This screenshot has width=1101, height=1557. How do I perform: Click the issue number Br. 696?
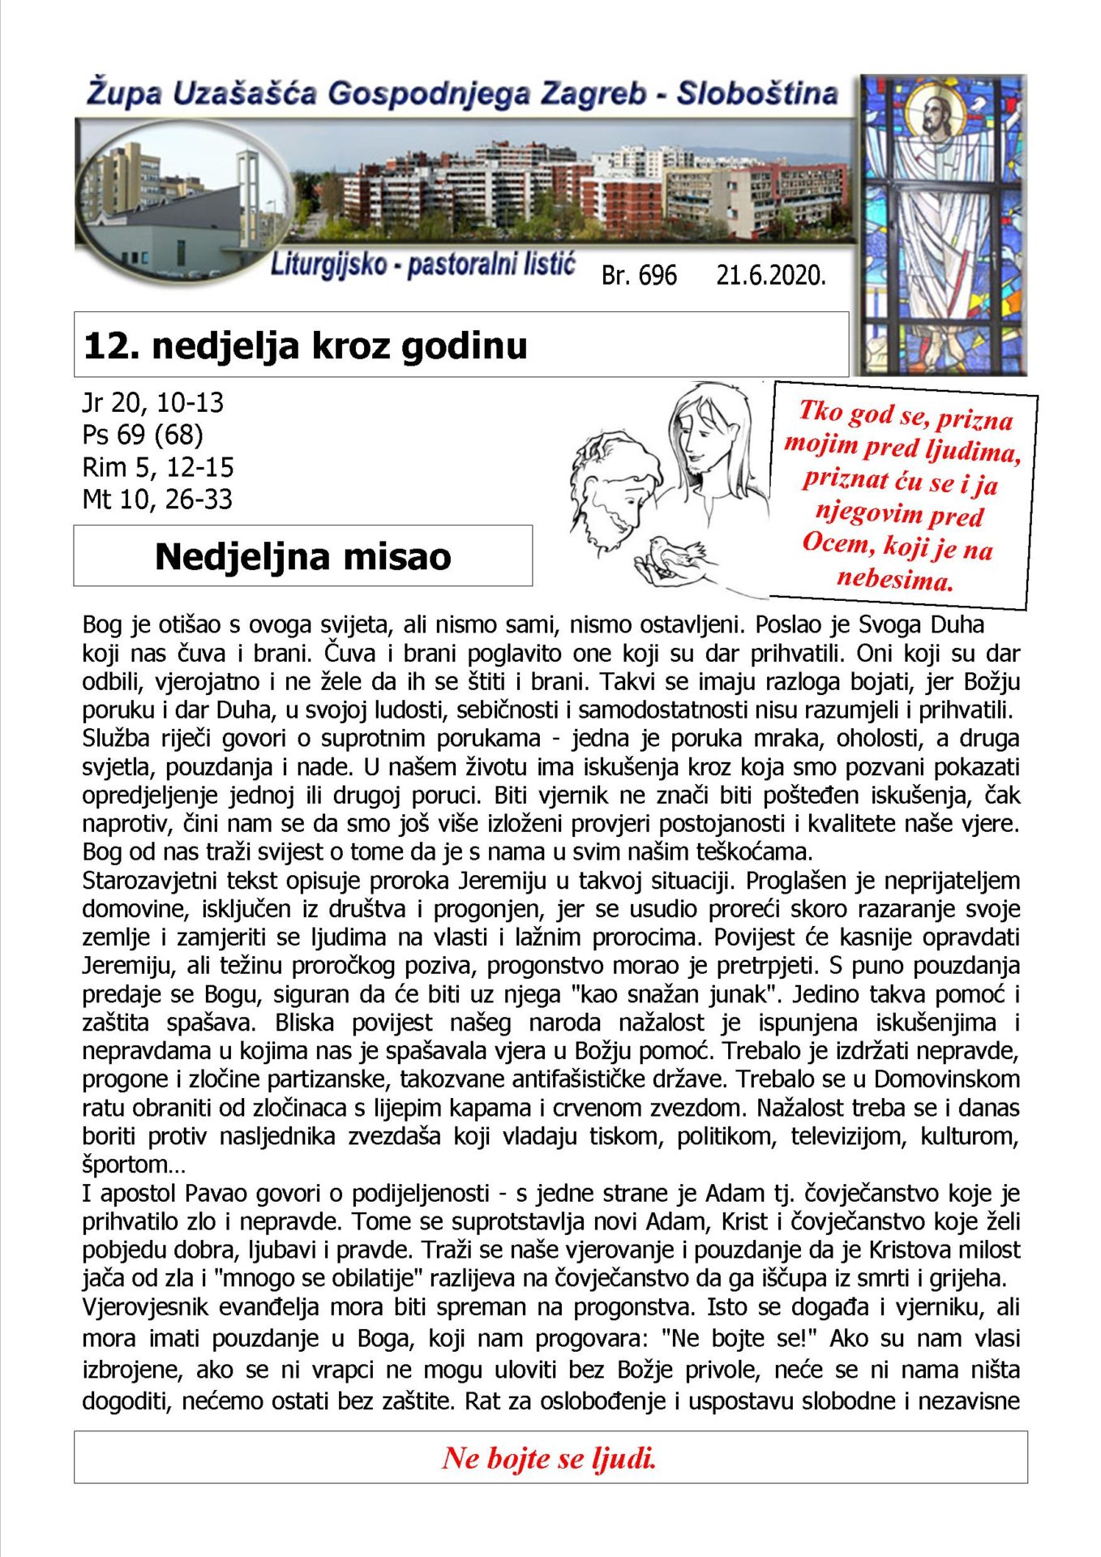point(638,276)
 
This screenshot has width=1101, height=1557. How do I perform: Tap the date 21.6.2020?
point(770,276)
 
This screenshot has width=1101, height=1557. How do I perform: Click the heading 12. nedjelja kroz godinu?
point(306,345)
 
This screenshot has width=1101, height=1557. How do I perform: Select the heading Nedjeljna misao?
point(302,556)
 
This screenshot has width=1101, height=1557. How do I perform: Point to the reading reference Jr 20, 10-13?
point(152,402)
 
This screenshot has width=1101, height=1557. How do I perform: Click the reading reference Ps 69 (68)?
point(143,435)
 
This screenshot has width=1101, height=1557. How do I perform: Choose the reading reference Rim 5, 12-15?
point(158,467)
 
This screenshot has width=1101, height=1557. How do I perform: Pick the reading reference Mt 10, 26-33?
point(157,499)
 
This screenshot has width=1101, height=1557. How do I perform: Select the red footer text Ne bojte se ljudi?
point(549,1458)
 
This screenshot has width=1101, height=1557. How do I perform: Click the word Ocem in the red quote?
point(835,543)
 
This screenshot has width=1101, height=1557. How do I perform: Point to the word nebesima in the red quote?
point(895,579)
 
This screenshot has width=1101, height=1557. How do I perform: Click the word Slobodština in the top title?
point(757,94)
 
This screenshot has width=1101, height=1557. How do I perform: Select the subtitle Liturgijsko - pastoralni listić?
point(422,265)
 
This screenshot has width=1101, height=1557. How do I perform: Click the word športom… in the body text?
point(134,1165)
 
